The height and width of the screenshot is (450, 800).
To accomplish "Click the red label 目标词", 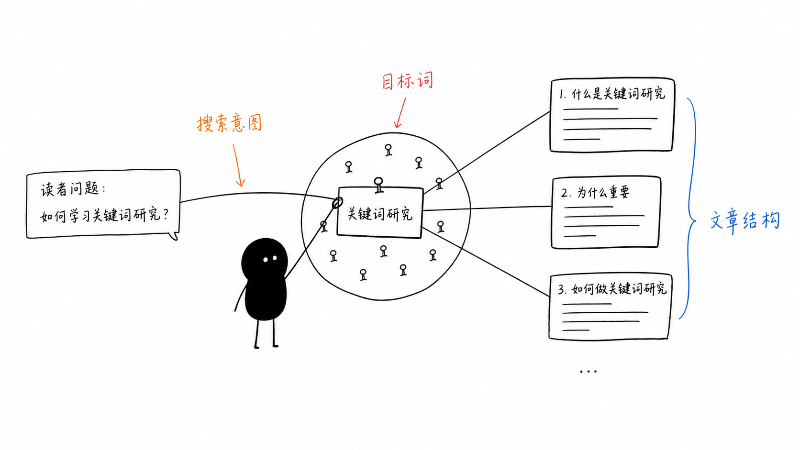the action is pyautogui.click(x=408, y=81).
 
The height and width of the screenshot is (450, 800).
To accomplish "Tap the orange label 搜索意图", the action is pyautogui.click(x=229, y=123).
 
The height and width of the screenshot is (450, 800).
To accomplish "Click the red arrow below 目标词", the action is pyautogui.click(x=400, y=112).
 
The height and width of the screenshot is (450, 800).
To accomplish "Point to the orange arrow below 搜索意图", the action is pyautogui.click(x=238, y=165).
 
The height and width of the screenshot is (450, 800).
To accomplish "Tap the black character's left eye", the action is pyautogui.click(x=266, y=260).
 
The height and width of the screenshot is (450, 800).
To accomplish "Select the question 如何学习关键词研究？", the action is pyautogui.click(x=104, y=215).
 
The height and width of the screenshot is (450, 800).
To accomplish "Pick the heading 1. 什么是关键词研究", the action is pyautogui.click(x=612, y=94).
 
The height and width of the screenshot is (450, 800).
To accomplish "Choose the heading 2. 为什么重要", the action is pyautogui.click(x=595, y=193).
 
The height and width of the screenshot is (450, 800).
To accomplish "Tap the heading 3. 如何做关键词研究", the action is pyautogui.click(x=612, y=288).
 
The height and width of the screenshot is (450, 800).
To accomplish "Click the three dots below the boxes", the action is pyautogui.click(x=588, y=372).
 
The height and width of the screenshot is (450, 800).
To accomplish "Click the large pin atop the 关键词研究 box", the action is pyautogui.click(x=378, y=185).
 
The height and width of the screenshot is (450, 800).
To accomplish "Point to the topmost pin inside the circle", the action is pyautogui.click(x=388, y=150).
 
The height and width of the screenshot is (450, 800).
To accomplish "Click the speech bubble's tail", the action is pyautogui.click(x=174, y=236).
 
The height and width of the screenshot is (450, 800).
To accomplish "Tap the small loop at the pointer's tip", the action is pyautogui.click(x=337, y=203).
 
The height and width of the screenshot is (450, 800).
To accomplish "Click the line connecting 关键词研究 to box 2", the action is pyautogui.click(x=487, y=209).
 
